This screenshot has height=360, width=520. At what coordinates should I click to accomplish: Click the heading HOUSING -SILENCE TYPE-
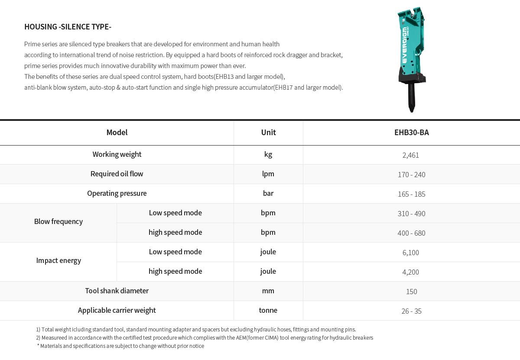point(68,27)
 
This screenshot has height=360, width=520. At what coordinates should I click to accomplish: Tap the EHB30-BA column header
point(411,133)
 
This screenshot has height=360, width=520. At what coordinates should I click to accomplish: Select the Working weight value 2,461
point(410,155)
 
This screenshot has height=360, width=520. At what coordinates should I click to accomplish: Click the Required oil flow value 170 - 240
point(411,175)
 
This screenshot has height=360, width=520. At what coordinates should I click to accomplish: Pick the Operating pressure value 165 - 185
point(411,194)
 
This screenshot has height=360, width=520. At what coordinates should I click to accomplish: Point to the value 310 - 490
point(411,214)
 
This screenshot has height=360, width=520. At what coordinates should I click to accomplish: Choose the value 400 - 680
point(411,233)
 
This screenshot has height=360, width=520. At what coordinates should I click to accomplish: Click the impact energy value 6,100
point(410,253)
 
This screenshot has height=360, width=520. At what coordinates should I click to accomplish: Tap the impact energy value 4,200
point(410,272)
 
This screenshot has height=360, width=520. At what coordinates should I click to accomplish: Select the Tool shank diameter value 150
point(411,292)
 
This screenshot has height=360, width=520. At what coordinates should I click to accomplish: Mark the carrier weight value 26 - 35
point(411,311)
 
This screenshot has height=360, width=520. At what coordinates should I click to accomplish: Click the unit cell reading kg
point(268,155)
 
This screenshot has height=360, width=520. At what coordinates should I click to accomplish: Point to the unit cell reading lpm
point(268,174)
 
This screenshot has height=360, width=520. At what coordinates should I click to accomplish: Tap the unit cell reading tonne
point(268,310)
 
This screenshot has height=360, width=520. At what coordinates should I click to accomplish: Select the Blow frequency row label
point(58,221)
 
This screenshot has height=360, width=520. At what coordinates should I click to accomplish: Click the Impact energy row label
point(58,260)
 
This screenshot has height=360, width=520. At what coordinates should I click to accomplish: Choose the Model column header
point(117,133)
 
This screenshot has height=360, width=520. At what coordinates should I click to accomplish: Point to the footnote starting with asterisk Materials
point(120,346)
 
